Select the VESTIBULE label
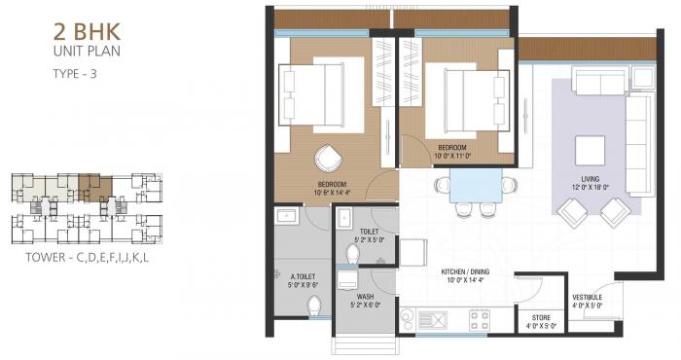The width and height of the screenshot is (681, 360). point(587,297)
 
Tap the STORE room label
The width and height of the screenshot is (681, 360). point(541,317)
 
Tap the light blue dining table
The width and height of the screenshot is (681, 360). point(476,184)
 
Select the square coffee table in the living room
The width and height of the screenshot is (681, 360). point(591,151)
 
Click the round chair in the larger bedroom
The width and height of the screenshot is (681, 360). point(327,158)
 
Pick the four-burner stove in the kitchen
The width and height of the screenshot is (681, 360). point(480,318)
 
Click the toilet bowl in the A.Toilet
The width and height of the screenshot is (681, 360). point(313,308)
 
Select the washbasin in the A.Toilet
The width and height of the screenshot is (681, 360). point(287,216)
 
